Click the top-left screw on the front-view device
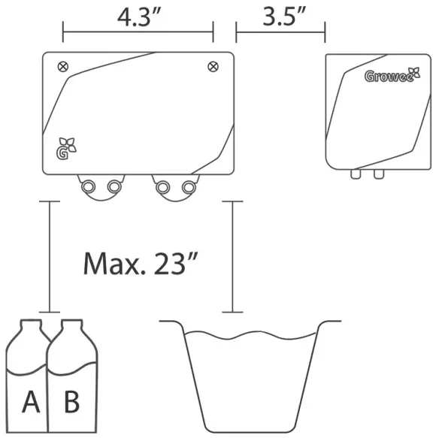[x=62, y=65]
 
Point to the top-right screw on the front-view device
[x=213, y=65]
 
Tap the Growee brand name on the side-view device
[x=389, y=75]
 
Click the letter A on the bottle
[x=31, y=403]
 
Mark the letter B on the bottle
[x=71, y=403]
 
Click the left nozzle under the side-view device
[x=355, y=175]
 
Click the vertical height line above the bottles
[x=49, y=255]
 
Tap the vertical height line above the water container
[x=232, y=255]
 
